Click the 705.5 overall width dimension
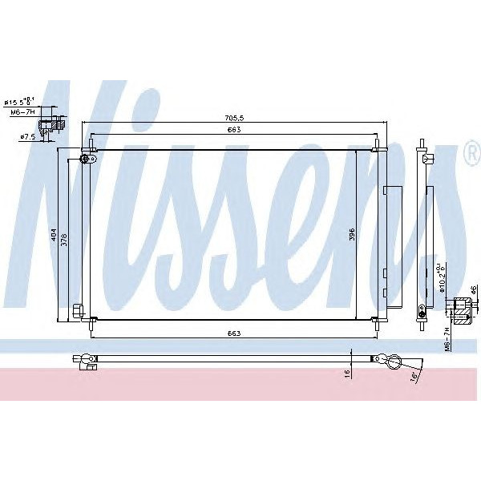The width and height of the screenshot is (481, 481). click(234, 119)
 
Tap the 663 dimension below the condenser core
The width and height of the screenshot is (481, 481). click(234, 333)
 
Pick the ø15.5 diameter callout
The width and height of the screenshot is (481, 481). click(18, 102)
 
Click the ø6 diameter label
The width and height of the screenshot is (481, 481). click(474, 290)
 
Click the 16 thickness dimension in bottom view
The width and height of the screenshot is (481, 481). click(346, 372)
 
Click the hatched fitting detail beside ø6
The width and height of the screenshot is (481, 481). click(463, 309)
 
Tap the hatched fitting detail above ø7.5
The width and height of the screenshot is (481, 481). click(60, 125)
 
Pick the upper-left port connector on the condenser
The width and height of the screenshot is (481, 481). click(87, 160)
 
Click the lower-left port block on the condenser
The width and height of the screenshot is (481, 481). click(78, 310)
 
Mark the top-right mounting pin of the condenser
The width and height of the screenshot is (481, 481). click(377, 146)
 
